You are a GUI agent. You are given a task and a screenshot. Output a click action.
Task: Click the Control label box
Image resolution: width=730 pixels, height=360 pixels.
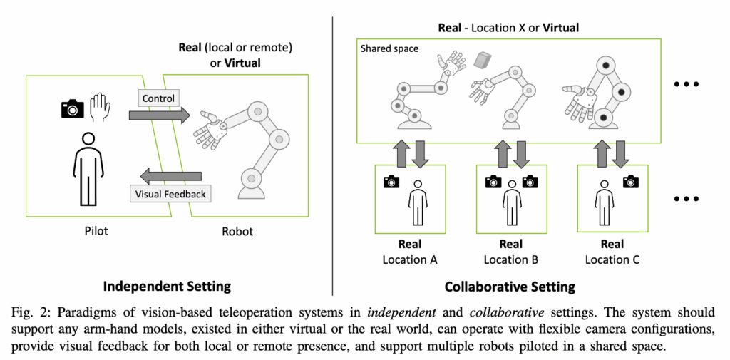[x=158, y=98]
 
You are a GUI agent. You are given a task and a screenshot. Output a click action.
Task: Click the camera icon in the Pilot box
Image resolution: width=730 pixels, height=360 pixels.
[x=72, y=108]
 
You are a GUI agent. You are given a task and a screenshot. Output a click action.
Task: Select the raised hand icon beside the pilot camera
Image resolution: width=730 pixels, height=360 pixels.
[x=99, y=107]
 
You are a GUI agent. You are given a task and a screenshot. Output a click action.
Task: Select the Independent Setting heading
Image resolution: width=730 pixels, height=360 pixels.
[x=167, y=287]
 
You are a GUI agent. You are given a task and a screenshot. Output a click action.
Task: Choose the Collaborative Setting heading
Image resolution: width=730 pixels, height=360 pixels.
[x=509, y=287]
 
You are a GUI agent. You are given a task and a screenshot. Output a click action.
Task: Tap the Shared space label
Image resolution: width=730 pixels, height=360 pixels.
[x=390, y=49]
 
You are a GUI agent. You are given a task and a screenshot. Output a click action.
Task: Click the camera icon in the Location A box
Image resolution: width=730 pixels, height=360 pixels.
[x=391, y=182]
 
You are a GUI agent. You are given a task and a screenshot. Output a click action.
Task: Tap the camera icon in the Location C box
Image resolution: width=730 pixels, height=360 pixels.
[x=630, y=182]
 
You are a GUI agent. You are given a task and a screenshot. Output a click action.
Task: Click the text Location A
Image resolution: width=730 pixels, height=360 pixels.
[x=410, y=259]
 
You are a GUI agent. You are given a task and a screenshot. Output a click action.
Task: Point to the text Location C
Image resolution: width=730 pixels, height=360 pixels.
[x=612, y=259]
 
